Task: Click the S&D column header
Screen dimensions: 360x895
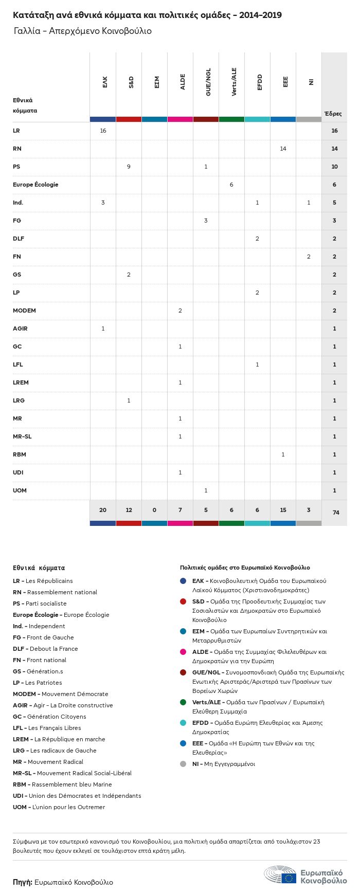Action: click(x=131, y=82)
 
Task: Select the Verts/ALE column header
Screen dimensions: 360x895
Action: click(x=234, y=82)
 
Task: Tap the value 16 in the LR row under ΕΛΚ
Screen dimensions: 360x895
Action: click(x=103, y=131)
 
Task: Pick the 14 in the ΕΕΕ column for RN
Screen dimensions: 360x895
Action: click(x=283, y=149)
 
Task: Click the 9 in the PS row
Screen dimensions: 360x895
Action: click(x=129, y=167)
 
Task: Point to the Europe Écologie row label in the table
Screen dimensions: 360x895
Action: click(x=35, y=185)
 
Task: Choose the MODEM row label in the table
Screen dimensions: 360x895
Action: click(x=24, y=310)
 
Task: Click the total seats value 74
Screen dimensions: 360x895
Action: click(x=336, y=513)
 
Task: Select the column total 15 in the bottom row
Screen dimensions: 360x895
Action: click(x=283, y=510)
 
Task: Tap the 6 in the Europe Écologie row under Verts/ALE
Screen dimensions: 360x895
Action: click(x=231, y=185)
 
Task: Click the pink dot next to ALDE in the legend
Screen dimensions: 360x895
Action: click(x=183, y=652)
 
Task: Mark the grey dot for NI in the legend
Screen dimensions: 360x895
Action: click(x=183, y=764)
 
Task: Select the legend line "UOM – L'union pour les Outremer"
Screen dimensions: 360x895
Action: click(x=59, y=807)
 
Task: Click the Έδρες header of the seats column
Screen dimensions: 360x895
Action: click(x=333, y=114)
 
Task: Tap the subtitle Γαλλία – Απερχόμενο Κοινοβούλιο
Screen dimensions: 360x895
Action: click(x=83, y=31)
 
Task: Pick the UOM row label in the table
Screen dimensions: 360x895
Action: click(x=20, y=490)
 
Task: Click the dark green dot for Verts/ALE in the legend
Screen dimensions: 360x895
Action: click(x=183, y=702)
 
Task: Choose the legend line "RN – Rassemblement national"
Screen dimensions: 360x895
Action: click(x=55, y=592)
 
